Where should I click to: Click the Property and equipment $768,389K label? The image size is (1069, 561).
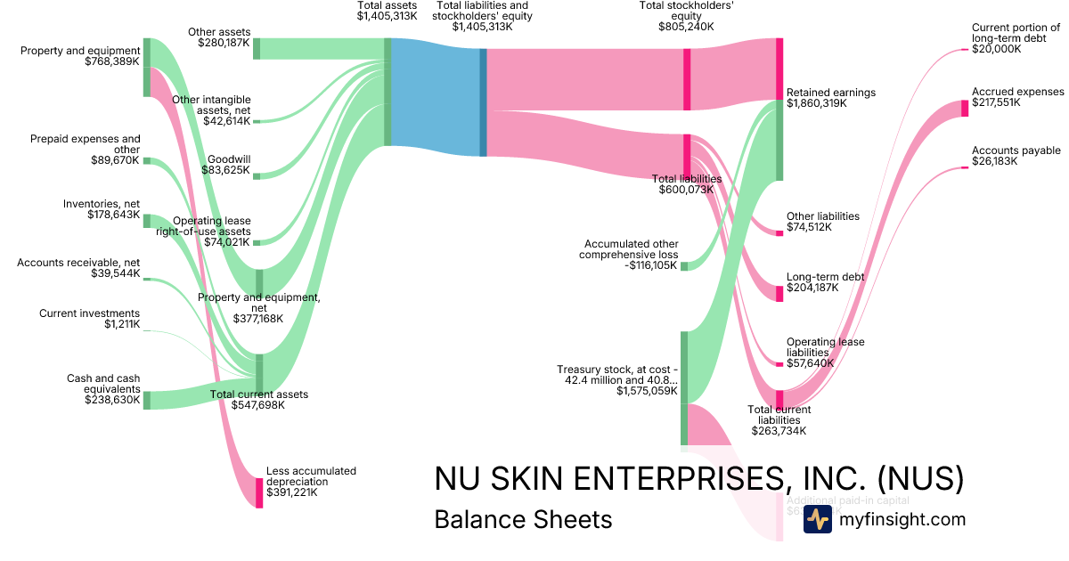(x=80, y=56)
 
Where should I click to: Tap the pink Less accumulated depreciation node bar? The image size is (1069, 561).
(x=259, y=492)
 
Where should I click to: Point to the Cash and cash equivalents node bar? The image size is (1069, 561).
(x=147, y=400)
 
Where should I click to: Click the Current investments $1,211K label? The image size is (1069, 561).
(x=89, y=319)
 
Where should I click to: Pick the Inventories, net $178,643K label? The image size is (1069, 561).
(x=101, y=209)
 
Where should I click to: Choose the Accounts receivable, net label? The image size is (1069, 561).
(x=78, y=268)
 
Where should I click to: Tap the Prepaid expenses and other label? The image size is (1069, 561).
(x=85, y=150)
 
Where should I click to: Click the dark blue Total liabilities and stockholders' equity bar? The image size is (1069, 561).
(x=484, y=102)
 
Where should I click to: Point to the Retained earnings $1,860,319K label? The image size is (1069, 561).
(x=831, y=98)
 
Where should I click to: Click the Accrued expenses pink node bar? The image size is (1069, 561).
(x=965, y=109)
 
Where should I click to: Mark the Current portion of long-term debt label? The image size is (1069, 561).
(x=1016, y=38)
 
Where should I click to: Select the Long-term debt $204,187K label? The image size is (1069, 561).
(x=825, y=282)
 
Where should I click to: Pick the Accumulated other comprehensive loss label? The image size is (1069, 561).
(x=631, y=249)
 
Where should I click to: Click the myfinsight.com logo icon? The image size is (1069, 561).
(x=817, y=519)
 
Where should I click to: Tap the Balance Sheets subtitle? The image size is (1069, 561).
(x=523, y=519)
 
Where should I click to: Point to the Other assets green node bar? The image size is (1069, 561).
(x=257, y=48)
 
